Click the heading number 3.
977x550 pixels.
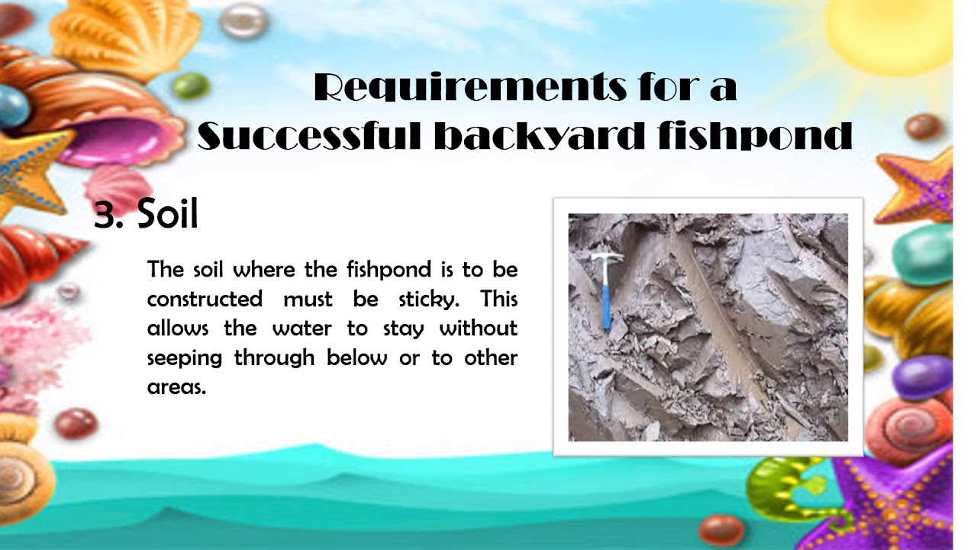106,215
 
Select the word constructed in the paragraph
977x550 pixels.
205,299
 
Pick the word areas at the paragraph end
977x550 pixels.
176,387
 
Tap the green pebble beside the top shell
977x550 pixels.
191,86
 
